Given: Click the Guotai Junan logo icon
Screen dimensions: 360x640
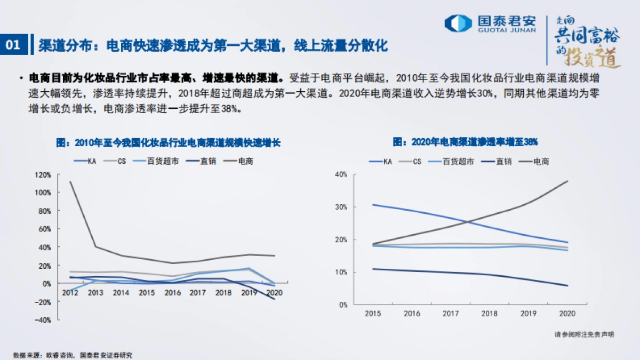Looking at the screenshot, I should (458, 23).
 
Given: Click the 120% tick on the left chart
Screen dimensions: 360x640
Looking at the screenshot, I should (43, 174).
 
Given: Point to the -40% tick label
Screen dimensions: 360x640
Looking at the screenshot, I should (42, 320).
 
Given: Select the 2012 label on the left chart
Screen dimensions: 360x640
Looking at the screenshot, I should (70, 293).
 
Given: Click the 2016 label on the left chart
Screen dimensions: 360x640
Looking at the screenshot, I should (172, 293).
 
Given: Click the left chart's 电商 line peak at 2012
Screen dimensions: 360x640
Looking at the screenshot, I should (70, 182).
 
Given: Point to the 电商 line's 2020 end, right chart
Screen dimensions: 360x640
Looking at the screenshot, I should (567, 181).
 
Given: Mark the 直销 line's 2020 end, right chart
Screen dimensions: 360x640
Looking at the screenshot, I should (567, 285).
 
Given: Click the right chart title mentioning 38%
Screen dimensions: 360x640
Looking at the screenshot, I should (465, 142).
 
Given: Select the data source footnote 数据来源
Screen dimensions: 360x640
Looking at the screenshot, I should (73, 355).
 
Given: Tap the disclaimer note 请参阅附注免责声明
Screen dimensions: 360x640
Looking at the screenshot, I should (584, 334).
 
